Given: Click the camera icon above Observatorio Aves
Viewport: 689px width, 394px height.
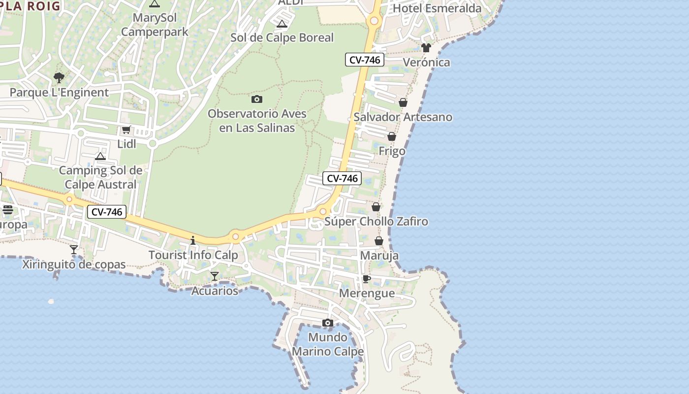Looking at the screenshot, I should (256, 99).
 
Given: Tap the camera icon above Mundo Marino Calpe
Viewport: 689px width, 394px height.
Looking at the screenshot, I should (328, 323).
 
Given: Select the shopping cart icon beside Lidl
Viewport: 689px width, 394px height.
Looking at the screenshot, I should (126, 130).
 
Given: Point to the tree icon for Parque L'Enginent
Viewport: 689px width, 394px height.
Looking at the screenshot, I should (59, 78).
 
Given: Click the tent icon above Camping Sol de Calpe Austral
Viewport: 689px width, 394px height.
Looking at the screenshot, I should (100, 157).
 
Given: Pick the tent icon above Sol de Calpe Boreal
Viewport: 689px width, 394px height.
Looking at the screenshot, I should (282, 24).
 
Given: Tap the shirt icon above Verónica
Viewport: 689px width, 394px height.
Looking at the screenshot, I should (426, 48).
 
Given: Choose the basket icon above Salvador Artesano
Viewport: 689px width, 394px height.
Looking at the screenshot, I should (403, 102).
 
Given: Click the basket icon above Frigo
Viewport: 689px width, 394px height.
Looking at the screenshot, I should (392, 136).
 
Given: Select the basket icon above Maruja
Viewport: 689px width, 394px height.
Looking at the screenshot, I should (379, 241).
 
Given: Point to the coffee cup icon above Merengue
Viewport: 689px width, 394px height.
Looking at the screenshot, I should (366, 279).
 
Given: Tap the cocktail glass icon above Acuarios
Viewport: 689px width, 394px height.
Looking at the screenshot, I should (215, 276).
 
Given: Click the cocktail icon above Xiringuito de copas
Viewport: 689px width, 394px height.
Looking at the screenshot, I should (74, 250).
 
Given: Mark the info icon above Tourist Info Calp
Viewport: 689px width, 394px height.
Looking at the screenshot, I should (193, 240).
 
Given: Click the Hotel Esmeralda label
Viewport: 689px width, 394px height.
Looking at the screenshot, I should (437, 8).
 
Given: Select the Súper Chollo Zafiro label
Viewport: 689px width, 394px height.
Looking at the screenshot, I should (376, 222).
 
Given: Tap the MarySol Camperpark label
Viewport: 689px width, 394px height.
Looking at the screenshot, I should (155, 25).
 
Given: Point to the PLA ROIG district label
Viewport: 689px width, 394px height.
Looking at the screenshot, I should (31, 6).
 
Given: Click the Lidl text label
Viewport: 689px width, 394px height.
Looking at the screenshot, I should (126, 143).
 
